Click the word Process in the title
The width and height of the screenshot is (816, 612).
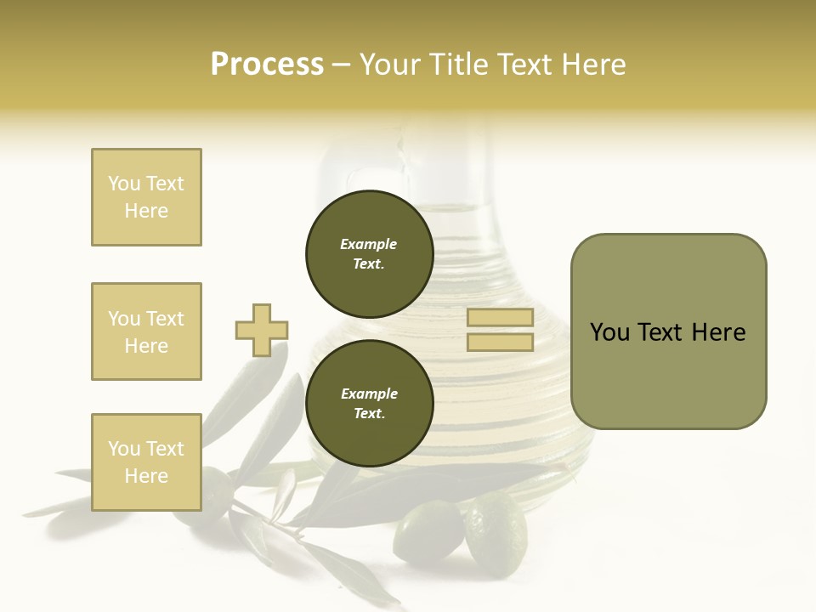click(x=267, y=65)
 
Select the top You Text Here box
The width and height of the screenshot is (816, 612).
click(x=146, y=197)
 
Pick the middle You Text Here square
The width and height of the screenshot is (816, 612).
click(x=146, y=331)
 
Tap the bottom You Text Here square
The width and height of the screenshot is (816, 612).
click(x=146, y=462)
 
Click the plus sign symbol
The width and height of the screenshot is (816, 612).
click(x=262, y=330)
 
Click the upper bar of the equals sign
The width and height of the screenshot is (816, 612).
click(x=500, y=317)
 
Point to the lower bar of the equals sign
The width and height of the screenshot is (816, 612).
click(x=500, y=343)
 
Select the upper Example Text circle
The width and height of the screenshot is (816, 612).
click(x=369, y=253)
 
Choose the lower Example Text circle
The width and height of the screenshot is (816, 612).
click(x=369, y=403)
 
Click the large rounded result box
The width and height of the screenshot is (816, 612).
click(x=668, y=331)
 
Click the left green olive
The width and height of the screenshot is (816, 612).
click(x=428, y=530)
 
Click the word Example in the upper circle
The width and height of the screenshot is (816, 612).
click(x=369, y=244)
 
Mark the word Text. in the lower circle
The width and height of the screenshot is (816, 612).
click(x=369, y=413)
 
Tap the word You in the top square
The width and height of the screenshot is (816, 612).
click(x=123, y=184)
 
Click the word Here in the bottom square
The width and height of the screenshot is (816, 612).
click(x=146, y=476)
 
